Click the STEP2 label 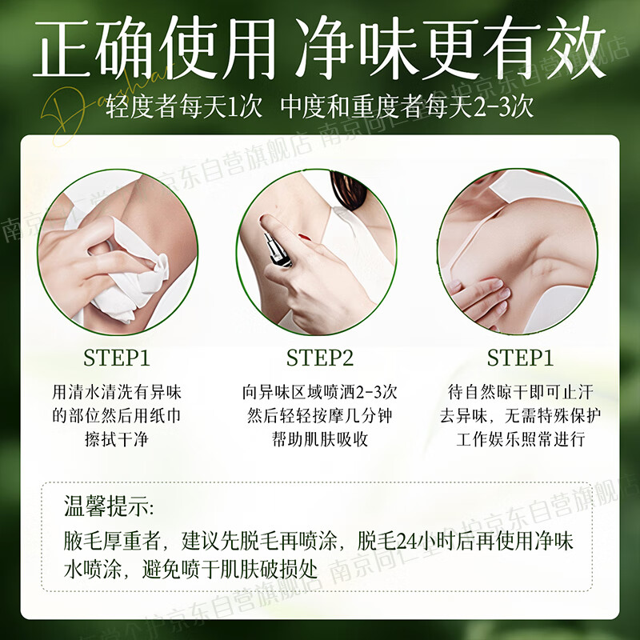320,358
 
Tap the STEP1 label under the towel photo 117,358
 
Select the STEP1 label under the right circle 521,358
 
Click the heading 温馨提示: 110,507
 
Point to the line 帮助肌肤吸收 320,439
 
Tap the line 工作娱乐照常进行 521,439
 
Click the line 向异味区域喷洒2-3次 320,393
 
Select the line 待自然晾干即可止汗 521,393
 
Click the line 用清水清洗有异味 118,393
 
